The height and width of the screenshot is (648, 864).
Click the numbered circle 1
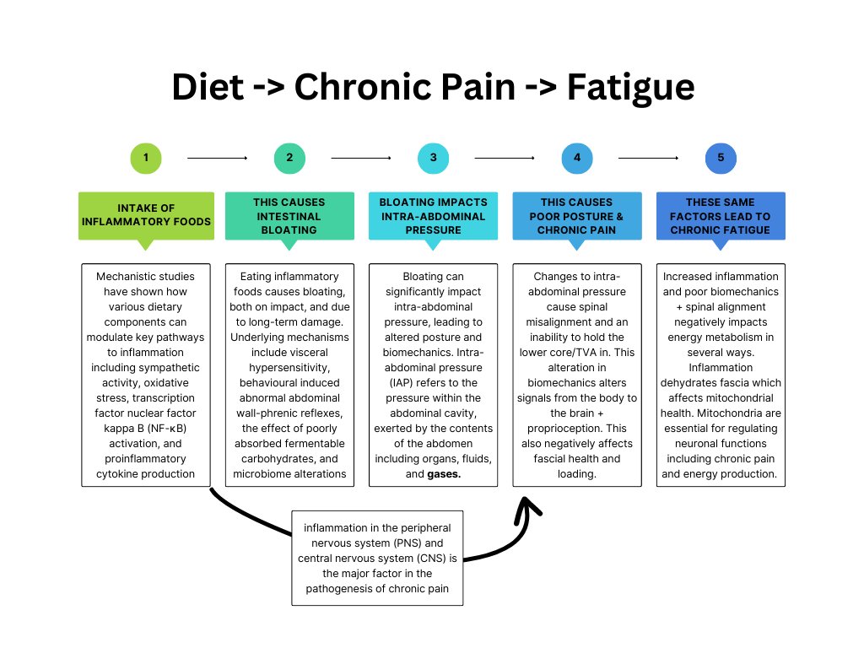tap(146, 158)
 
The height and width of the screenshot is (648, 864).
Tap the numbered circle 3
tap(433, 158)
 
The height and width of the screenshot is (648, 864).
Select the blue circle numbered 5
tap(721, 158)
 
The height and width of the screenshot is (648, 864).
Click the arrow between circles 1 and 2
tap(217, 158)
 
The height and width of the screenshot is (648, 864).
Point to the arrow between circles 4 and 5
tap(648, 158)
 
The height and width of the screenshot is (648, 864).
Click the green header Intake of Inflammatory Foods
tap(146, 216)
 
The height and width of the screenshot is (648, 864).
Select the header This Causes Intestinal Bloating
tap(289, 216)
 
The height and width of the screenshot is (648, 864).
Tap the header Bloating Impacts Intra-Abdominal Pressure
tap(433, 216)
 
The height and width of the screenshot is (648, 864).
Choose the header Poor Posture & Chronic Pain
tap(577, 216)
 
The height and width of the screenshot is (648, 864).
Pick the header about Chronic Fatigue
tap(721, 216)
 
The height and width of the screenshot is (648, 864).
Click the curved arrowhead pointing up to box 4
tap(527, 507)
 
